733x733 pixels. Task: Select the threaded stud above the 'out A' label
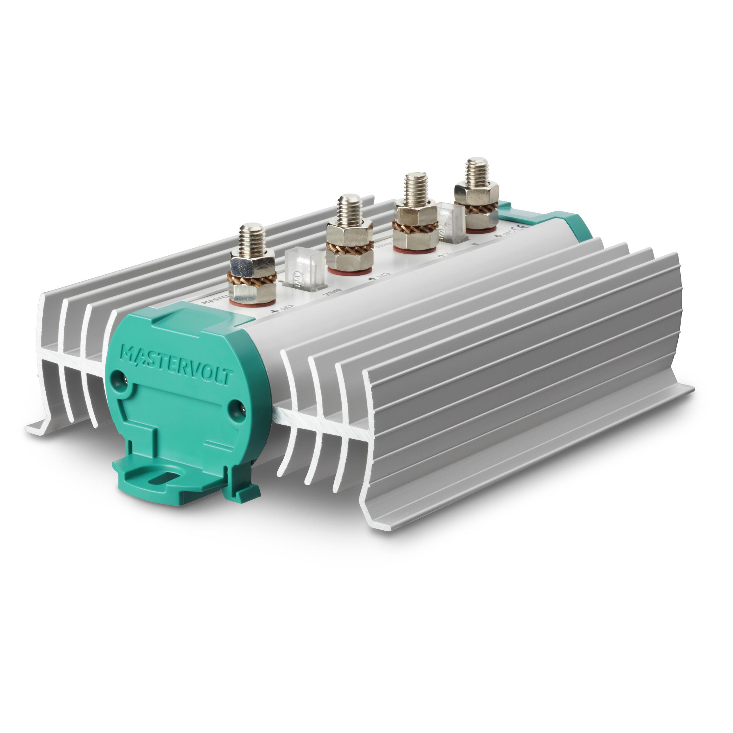pyautogui.click(x=251, y=240)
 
